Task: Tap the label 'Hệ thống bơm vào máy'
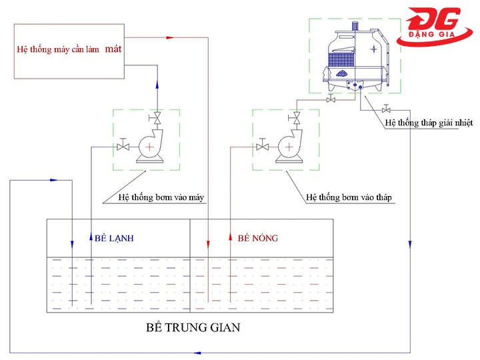click(x=161, y=197)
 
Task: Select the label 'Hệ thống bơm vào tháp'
click(x=349, y=197)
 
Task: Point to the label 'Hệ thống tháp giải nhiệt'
click(x=427, y=123)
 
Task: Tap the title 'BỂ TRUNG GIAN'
click(x=192, y=328)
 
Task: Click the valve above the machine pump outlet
click(x=157, y=119)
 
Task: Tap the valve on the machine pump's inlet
click(x=123, y=147)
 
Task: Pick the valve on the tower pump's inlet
click(x=263, y=147)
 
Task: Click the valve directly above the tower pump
click(x=297, y=119)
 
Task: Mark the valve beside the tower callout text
click(x=386, y=109)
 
